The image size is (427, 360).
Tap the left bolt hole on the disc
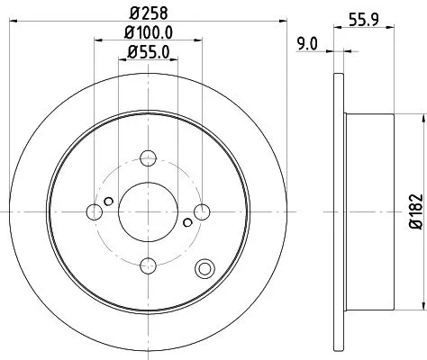[x=95, y=212]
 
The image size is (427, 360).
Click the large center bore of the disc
[x=147, y=212]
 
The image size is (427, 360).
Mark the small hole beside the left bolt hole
[x=108, y=201]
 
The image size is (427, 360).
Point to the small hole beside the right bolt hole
[x=186, y=223]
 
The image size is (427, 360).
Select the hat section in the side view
[x=369, y=212]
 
